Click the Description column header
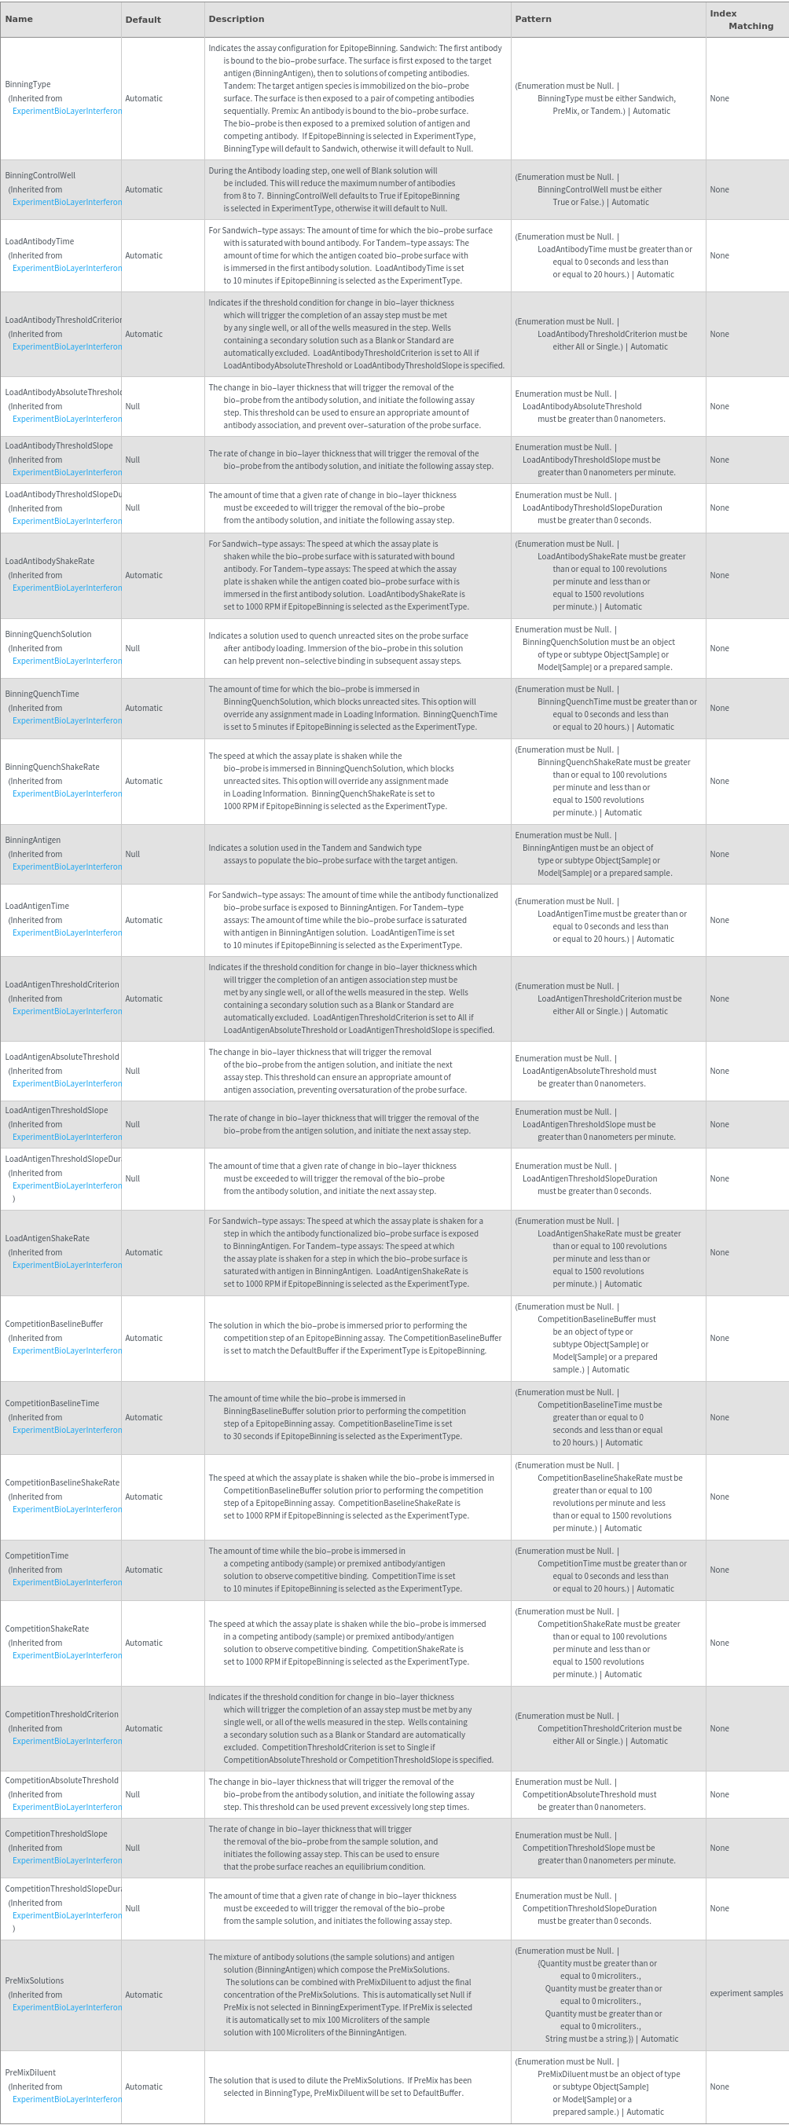[236, 19]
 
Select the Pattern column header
[533, 19]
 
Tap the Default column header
[143, 20]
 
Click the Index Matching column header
[741, 20]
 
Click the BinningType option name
[28, 84]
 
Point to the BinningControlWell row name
[40, 175]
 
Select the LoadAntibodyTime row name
[39, 241]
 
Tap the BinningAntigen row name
[33, 840]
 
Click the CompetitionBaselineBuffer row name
[53, 1324]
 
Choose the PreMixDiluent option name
[31, 2072]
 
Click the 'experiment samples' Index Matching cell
[746, 1993]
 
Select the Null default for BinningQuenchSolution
[132, 648]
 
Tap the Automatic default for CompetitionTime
[144, 1570]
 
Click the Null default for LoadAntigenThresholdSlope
[132, 1124]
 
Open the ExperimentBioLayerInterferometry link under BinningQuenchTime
[67, 721]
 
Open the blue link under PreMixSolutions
[67, 2007]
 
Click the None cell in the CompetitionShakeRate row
[719, 1643]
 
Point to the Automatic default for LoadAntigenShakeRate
[144, 1252]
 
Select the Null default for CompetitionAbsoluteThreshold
[132, 1794]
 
